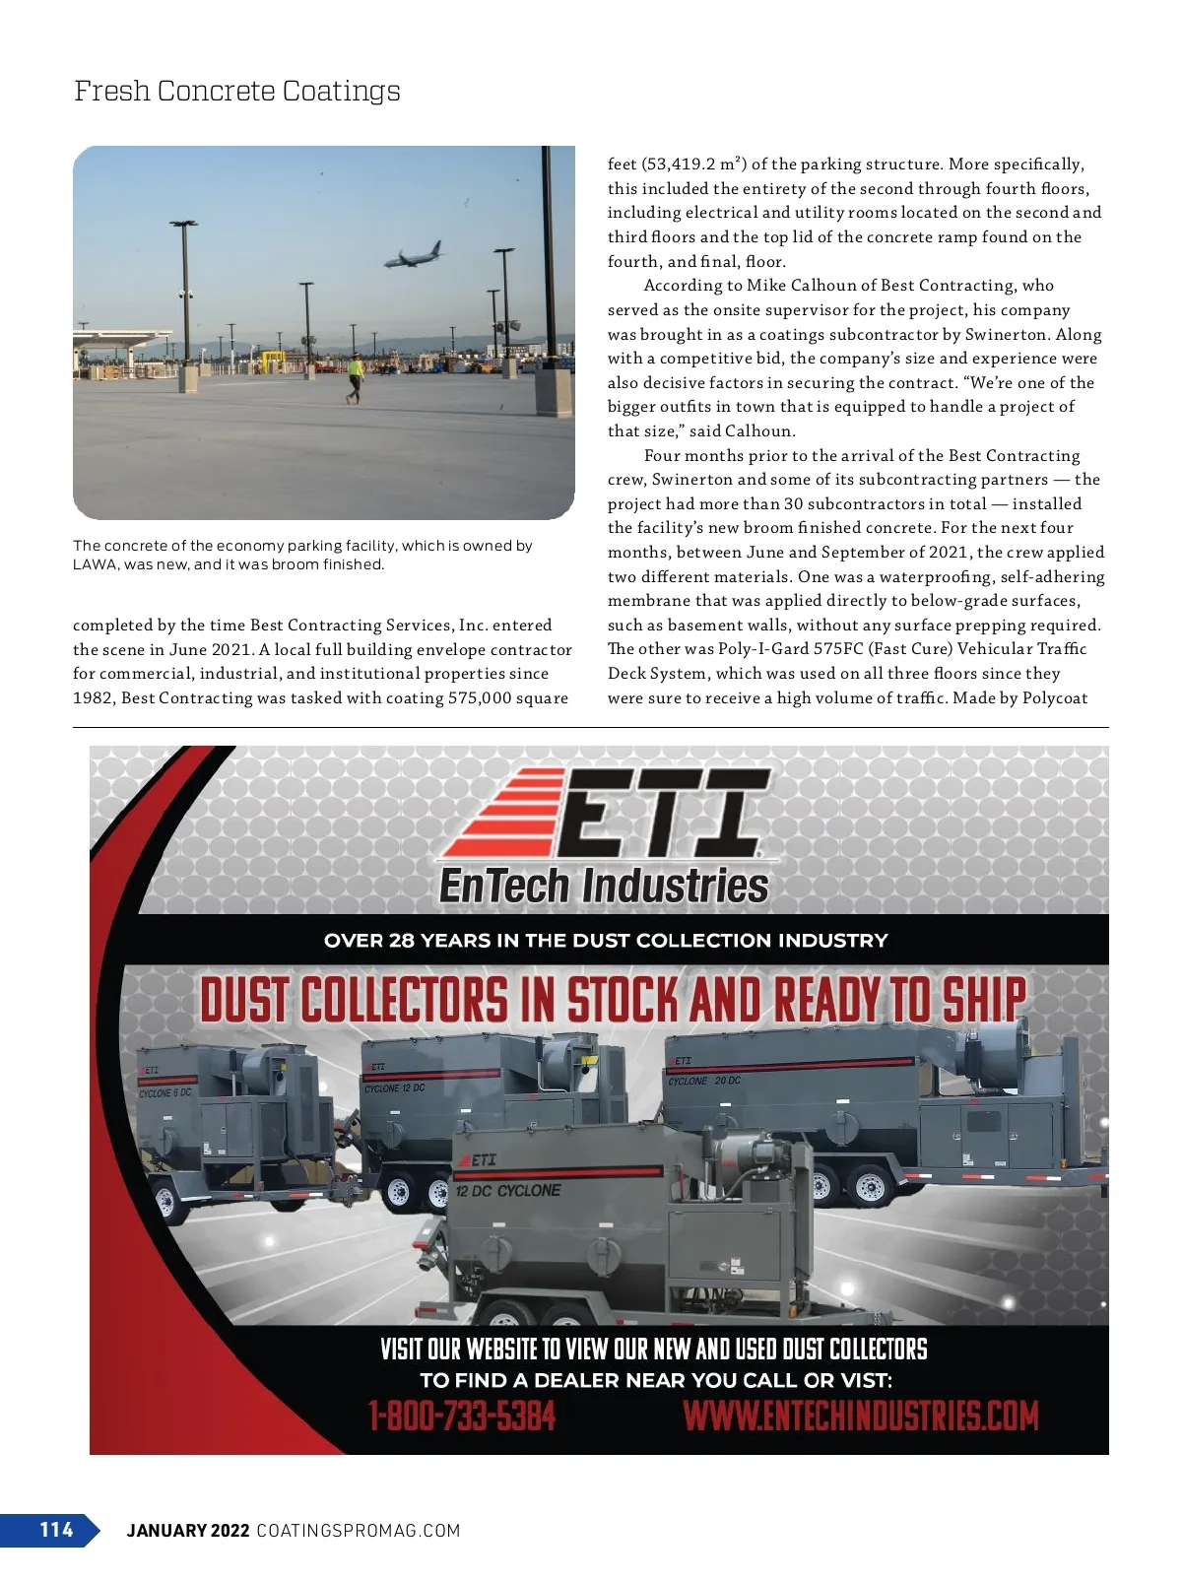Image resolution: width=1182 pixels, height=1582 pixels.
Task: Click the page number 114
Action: (x=56, y=1529)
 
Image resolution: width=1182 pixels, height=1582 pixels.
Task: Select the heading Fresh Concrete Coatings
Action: (x=237, y=91)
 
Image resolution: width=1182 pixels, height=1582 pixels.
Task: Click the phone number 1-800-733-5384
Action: (x=462, y=1417)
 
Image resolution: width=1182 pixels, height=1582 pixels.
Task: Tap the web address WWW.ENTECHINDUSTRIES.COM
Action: (x=861, y=1417)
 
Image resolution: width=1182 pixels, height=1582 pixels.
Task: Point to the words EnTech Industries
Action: (x=603, y=886)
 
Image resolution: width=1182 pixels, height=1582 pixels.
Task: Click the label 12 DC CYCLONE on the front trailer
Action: (x=508, y=1190)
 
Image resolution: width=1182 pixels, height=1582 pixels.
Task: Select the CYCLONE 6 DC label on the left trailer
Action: (x=165, y=1093)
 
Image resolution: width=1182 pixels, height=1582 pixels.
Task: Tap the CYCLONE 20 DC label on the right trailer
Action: (x=704, y=1081)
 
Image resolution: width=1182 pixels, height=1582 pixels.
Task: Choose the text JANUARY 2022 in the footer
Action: (x=187, y=1530)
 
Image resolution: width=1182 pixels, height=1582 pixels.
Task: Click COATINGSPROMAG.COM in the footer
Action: (x=359, y=1530)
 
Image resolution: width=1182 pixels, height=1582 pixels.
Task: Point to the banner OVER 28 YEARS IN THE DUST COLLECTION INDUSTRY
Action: (x=606, y=940)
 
